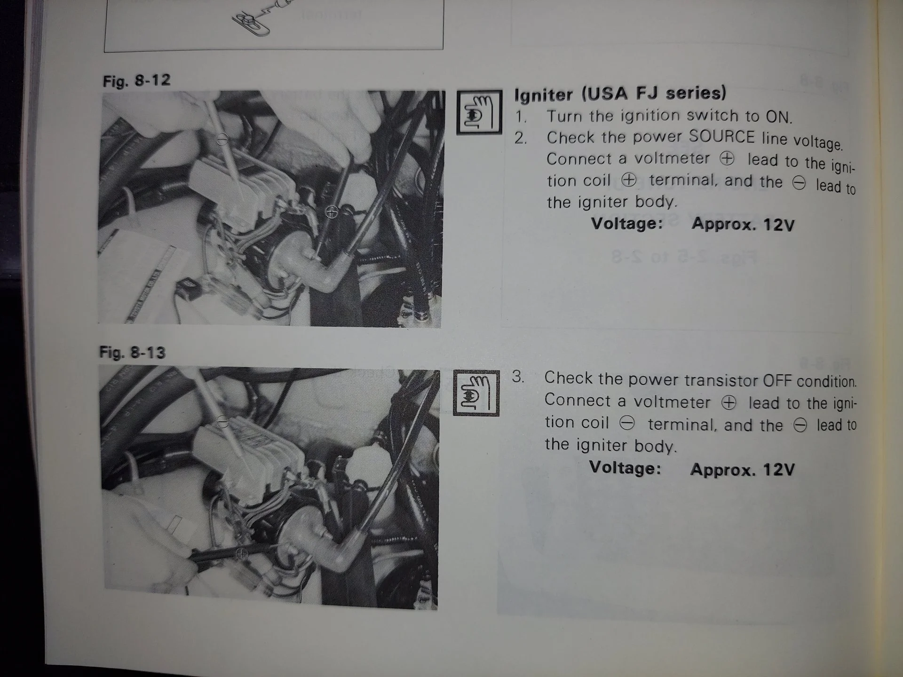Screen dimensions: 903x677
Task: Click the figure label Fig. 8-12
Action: (x=136, y=81)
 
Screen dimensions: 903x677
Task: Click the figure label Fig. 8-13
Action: (x=133, y=352)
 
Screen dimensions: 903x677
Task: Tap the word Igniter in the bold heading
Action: (x=544, y=94)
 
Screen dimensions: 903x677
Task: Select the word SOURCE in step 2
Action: (x=722, y=137)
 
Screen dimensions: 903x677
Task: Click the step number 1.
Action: (x=520, y=116)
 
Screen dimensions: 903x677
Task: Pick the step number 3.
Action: (x=517, y=377)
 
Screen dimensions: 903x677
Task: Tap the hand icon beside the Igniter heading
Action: (x=479, y=112)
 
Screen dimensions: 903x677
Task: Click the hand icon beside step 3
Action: (x=476, y=393)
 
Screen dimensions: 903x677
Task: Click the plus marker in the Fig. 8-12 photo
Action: (x=332, y=212)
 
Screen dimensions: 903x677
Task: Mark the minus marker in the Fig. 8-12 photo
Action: (x=222, y=139)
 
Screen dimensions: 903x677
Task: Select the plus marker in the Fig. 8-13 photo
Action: (x=242, y=553)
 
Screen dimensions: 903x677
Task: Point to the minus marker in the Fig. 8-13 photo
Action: (x=223, y=423)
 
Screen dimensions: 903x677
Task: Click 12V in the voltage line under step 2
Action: (x=778, y=225)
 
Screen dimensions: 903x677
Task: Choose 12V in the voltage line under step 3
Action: (x=778, y=469)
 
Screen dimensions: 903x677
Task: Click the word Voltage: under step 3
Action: (x=625, y=468)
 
